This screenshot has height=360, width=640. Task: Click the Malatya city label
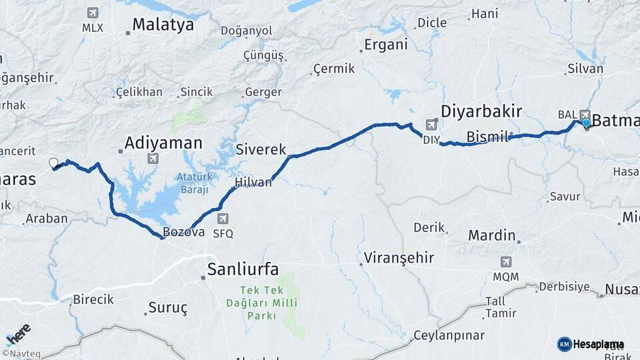(163, 25)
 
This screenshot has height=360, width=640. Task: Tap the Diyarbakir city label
(481, 111)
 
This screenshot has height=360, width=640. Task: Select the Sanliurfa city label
(243, 269)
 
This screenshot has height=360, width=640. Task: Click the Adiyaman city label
(163, 143)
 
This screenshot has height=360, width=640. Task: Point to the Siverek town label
(261, 149)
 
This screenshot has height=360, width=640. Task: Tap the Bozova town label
(184, 232)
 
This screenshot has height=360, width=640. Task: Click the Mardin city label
(492, 235)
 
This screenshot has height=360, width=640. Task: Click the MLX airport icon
(92, 13)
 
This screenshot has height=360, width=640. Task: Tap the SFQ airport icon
(223, 219)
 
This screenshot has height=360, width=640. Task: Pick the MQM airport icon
(506, 261)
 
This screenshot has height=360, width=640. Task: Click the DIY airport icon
(431, 125)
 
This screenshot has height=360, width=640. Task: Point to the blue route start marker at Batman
(586, 123)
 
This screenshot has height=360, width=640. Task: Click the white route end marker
(53, 162)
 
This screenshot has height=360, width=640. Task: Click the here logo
(17, 333)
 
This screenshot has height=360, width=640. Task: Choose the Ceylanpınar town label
(449, 335)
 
